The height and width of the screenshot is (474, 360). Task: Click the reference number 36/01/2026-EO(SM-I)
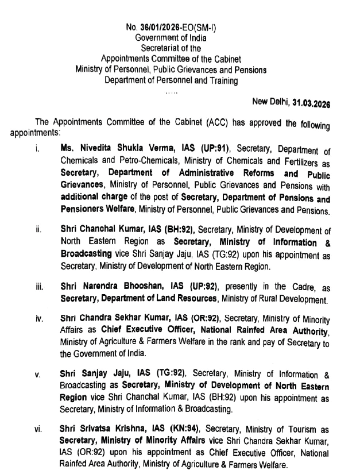click(177, 28)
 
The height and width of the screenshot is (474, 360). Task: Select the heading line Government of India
click(171, 37)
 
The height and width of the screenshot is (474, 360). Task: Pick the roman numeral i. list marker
click(36, 151)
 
